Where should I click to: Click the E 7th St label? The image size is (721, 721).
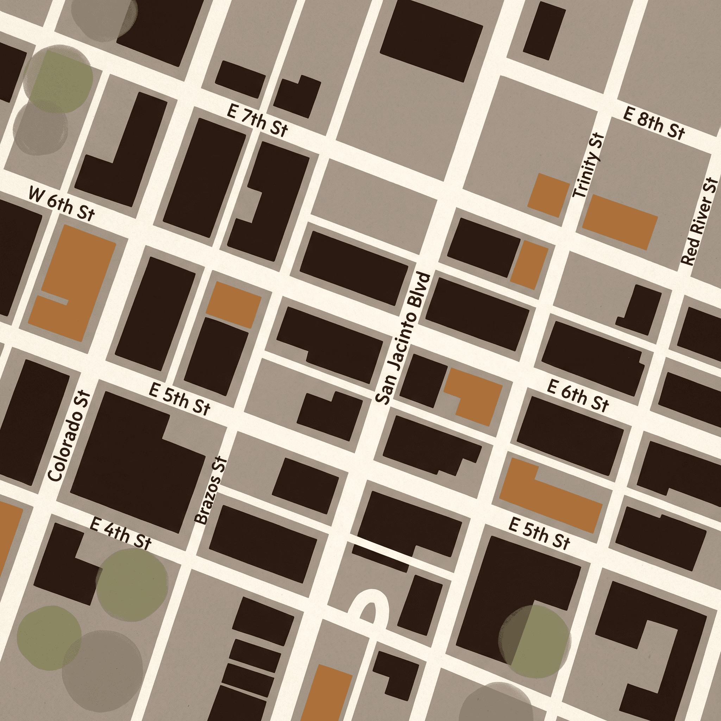257,121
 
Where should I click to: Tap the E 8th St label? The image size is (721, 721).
654,123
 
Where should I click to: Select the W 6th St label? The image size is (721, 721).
62,204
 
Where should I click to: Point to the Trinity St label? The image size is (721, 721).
589,167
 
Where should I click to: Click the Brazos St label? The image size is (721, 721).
211,490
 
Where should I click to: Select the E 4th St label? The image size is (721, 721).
120,534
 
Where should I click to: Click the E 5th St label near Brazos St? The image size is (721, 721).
180,399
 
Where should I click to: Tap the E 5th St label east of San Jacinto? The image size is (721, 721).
539,533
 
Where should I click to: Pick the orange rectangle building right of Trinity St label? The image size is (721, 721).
620,222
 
